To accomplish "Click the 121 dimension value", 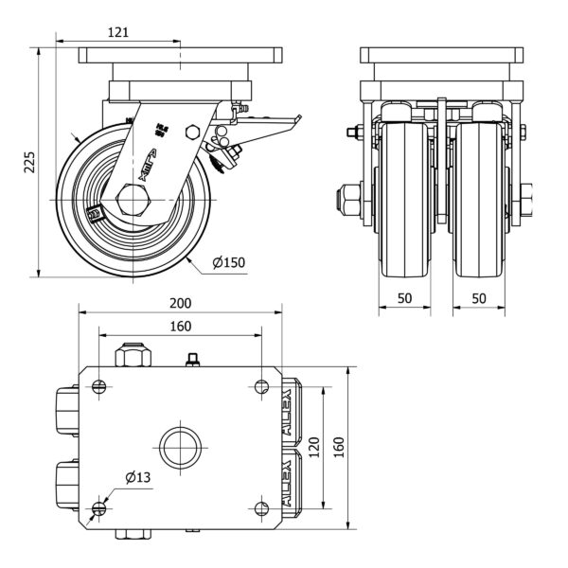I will pyautogui.click(x=117, y=32).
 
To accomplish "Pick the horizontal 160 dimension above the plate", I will pyautogui.click(x=180, y=326).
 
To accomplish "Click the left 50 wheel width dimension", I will pyautogui.click(x=404, y=298).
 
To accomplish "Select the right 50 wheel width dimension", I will pyautogui.click(x=478, y=298).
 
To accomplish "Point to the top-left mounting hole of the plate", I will pyautogui.click(x=98, y=385).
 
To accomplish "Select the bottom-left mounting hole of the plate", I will pyautogui.click(x=98, y=510).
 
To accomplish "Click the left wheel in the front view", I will pyautogui.click(x=405, y=199).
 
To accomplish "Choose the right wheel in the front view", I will pyautogui.click(x=478, y=199).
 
